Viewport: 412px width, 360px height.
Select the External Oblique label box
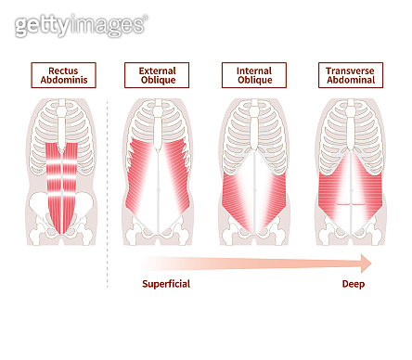[x=157, y=75]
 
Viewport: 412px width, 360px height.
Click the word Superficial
[x=166, y=284]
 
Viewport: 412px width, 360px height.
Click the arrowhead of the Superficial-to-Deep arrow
[x=367, y=262]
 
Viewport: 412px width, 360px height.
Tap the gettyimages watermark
[x=81, y=25]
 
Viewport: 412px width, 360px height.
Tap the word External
[x=157, y=70]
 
